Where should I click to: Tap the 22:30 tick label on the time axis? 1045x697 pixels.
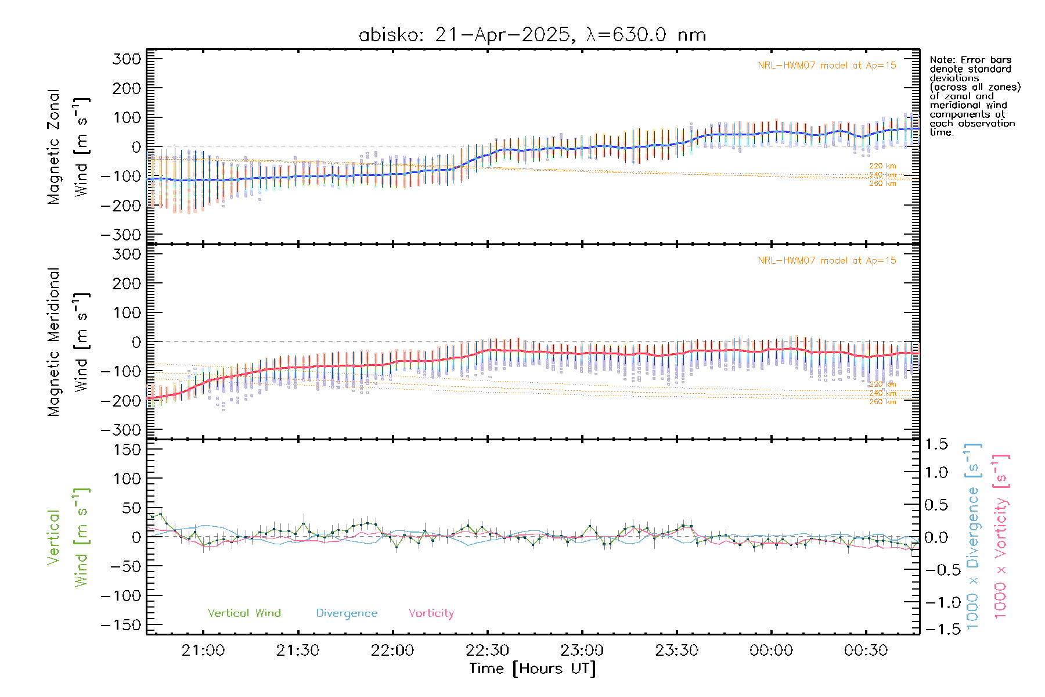coord(487,651)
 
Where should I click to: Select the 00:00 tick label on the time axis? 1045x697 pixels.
coord(771,651)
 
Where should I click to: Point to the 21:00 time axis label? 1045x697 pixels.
coord(203,651)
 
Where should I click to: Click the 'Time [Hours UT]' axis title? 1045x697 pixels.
coord(532,669)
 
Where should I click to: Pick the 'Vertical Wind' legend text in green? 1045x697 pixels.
coord(244,613)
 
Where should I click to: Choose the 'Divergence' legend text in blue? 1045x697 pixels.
coord(347,613)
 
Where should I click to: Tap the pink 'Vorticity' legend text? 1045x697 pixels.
coord(431,613)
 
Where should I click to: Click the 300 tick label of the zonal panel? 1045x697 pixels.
coord(127,59)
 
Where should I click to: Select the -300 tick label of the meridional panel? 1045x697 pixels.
coord(121,430)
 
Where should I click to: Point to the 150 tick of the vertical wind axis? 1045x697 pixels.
coord(127,450)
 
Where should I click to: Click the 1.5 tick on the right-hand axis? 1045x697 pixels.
coord(936,444)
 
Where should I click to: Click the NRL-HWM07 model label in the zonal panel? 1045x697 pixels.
coord(827,66)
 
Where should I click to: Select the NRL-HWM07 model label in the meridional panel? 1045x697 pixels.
coord(827,261)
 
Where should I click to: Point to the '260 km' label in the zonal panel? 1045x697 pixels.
coord(882,184)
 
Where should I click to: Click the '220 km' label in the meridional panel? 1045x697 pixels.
coord(882,384)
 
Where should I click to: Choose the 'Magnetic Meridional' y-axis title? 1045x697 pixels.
coord(54,342)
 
